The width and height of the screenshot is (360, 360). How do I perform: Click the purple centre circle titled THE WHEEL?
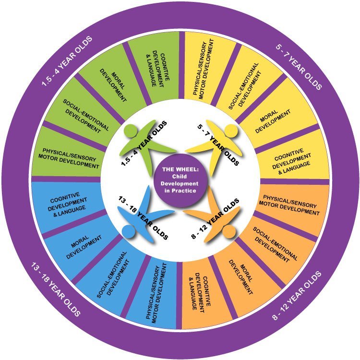[180, 180]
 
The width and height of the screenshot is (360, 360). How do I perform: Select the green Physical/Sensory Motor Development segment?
[67, 156]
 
